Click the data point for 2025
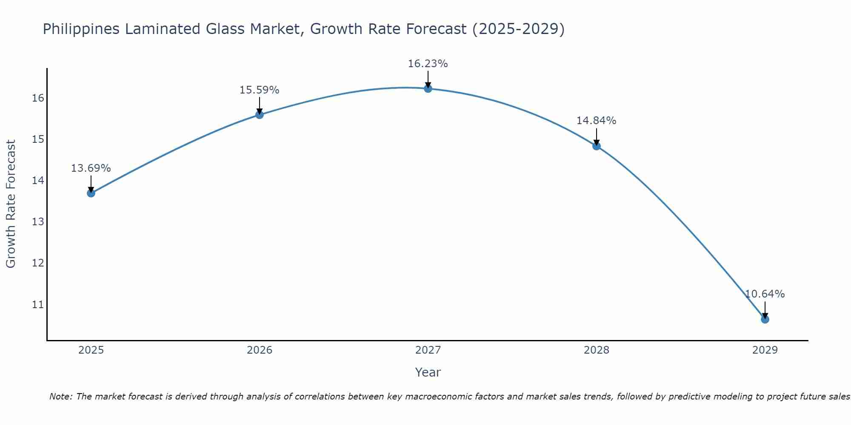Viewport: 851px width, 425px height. click(x=91, y=193)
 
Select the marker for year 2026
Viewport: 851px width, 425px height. click(x=260, y=114)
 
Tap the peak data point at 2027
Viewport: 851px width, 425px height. click(x=428, y=88)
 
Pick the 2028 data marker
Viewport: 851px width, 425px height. click(x=597, y=146)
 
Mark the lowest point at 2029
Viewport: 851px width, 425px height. click(x=765, y=319)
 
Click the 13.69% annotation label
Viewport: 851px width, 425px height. click(x=91, y=168)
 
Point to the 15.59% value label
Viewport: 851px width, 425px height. click(x=259, y=90)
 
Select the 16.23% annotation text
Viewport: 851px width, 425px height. click(x=428, y=64)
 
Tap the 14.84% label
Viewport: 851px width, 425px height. click(x=596, y=121)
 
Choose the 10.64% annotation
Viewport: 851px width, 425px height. click(x=765, y=294)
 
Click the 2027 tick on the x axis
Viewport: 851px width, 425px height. click(x=428, y=350)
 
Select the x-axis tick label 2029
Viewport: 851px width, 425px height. click(x=765, y=350)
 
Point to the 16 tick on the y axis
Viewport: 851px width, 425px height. click(x=38, y=98)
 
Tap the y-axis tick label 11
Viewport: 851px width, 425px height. click(x=38, y=304)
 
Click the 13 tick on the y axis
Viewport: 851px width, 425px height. click(x=38, y=222)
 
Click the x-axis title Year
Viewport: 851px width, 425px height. click(x=428, y=372)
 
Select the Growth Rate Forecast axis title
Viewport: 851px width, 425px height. click(x=11, y=204)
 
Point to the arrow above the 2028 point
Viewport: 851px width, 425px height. click(x=597, y=136)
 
